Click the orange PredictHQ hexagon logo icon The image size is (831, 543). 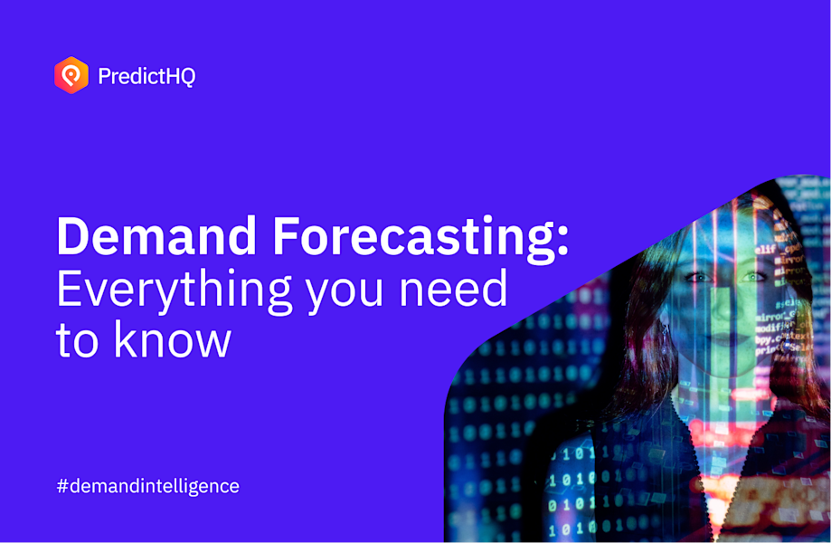point(71,76)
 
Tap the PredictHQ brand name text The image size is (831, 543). point(146,77)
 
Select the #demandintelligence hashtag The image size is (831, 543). point(148,486)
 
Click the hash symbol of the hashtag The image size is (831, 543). point(62,486)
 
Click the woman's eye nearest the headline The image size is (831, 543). point(697,278)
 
